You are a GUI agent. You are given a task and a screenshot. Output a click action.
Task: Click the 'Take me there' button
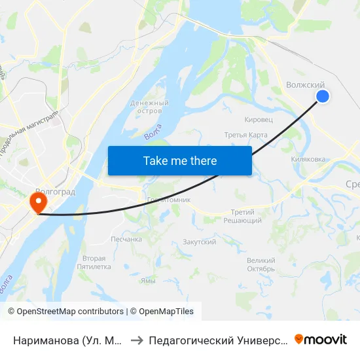(x=180, y=160)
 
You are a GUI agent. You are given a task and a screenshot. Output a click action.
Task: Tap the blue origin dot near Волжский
(x=323, y=96)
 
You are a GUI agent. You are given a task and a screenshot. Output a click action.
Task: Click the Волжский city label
(x=306, y=85)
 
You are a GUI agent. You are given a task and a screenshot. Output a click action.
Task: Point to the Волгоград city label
(x=56, y=192)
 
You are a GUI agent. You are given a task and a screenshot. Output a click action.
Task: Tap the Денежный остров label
(x=150, y=107)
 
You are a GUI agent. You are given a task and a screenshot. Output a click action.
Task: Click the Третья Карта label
(x=246, y=135)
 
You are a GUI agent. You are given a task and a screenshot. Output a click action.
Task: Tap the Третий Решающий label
(x=247, y=217)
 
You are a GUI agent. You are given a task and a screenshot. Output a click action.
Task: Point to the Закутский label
(x=200, y=242)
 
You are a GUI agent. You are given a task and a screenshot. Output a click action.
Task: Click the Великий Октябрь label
(x=261, y=264)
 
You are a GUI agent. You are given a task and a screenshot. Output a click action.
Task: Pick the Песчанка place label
(x=126, y=239)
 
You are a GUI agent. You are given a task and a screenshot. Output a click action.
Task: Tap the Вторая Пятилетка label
(x=90, y=262)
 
